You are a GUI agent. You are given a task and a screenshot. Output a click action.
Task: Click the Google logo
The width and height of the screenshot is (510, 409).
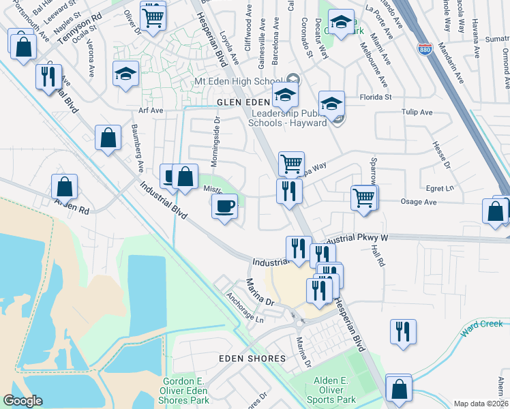[x=22, y=401]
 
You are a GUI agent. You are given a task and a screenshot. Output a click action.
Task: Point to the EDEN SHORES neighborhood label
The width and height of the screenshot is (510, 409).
[x=252, y=359]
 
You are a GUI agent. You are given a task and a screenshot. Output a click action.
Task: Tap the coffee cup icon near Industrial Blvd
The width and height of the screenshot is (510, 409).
[x=224, y=206]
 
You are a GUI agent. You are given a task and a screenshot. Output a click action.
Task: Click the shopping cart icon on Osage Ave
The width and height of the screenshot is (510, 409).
[x=364, y=198]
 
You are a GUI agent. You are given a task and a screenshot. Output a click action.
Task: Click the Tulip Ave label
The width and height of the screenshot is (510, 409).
[x=418, y=112]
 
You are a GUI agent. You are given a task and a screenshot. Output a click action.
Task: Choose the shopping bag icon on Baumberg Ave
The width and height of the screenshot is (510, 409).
[x=108, y=138]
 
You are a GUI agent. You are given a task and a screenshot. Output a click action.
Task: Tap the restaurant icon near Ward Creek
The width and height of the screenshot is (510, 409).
[x=403, y=332]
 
